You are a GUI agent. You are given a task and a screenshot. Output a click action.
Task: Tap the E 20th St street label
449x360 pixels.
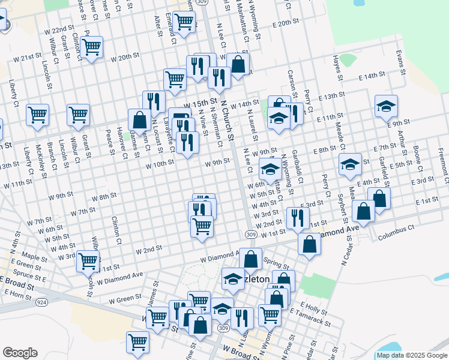pos(285,24)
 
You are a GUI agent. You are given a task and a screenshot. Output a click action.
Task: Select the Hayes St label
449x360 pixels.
pos(338,68)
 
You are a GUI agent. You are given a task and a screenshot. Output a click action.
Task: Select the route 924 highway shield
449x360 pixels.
pos(41,301)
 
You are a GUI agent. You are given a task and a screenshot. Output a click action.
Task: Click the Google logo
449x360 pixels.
pos(20,353)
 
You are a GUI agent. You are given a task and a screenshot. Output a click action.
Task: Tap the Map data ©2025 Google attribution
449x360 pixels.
pos(411,355)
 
